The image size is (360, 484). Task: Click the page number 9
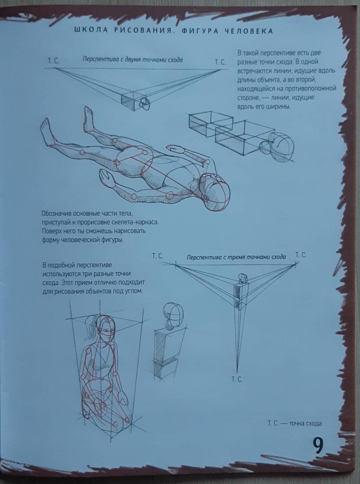pos(318,445)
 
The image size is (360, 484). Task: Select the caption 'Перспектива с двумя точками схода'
pos(132,60)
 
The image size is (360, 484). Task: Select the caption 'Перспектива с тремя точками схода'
pos(236,257)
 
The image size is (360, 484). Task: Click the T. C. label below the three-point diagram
pos(237,380)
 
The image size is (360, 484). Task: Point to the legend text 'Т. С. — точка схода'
pos(295,423)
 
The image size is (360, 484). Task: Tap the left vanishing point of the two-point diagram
pos(54,68)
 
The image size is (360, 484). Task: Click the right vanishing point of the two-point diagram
pos(221,69)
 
